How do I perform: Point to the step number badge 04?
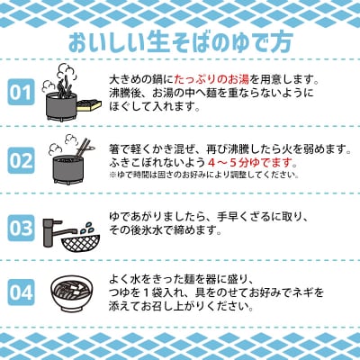(x=20, y=293)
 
